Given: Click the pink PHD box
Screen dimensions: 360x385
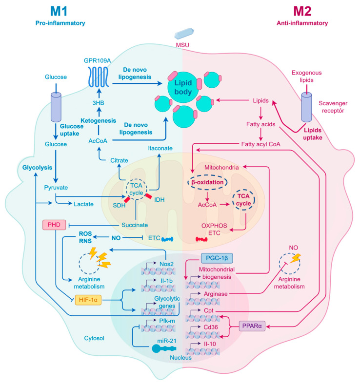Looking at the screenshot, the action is point(54,225).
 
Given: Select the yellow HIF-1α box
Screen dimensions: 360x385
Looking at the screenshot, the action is point(88,300).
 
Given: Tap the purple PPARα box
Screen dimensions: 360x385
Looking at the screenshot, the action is point(252,326).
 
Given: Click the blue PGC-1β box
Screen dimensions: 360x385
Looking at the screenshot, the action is point(217,258).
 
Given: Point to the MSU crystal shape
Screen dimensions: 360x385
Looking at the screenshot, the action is point(184,34).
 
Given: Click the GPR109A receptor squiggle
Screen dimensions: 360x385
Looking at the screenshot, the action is point(99,77).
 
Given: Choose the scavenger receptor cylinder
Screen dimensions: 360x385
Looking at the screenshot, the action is point(306,107).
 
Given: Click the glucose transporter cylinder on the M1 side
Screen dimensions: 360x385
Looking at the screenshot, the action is point(56,107).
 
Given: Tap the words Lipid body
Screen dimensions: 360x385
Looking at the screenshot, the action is point(183,87).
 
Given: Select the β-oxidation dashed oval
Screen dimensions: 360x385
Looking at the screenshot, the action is point(207,182).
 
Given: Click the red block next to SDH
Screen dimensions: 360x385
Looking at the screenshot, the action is point(127,199).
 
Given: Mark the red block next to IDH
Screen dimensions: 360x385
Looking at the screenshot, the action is point(148,196).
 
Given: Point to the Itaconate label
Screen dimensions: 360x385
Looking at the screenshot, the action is point(160,148).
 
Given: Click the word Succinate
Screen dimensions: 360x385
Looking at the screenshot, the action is point(135,225).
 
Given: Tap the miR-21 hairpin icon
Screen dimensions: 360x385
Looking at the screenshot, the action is point(164,348).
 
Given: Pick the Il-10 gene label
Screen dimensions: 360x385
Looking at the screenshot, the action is point(210,344).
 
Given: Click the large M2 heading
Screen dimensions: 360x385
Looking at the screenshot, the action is point(302,11).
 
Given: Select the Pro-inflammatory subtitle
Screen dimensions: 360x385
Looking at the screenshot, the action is point(60,23).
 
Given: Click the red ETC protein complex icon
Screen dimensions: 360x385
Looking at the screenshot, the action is point(201,239).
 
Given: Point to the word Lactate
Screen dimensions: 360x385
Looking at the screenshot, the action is point(83,204).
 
